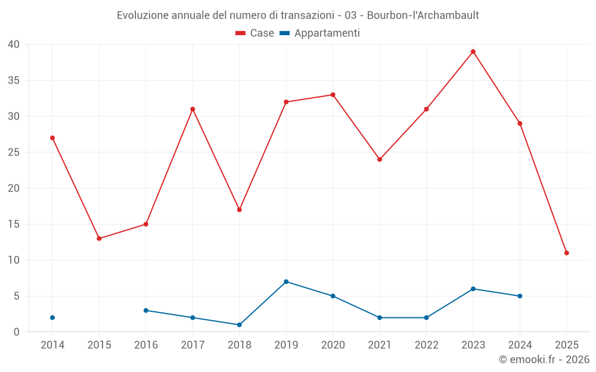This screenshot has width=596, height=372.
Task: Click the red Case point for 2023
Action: (x=473, y=52)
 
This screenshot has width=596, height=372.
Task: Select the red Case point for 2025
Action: (x=567, y=253)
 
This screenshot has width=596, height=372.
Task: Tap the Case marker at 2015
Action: (x=99, y=239)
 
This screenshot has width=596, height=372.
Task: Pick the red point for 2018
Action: (x=240, y=210)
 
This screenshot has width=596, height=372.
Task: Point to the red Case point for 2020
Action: (x=333, y=95)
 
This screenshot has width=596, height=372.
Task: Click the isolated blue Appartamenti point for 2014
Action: (x=52, y=318)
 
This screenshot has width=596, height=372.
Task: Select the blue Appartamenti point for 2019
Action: (x=286, y=282)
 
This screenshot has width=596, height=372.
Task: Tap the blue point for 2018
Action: (x=240, y=325)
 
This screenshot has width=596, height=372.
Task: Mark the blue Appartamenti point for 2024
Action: (x=520, y=296)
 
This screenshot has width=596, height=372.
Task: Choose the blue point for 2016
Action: (x=146, y=310)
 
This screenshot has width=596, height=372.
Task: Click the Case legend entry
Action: (x=255, y=33)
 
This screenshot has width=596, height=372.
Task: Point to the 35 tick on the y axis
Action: (x=14, y=80)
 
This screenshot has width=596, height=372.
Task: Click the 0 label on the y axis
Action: (x=17, y=332)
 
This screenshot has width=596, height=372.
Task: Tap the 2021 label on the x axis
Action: (x=380, y=345)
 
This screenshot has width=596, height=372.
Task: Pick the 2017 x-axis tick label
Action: (x=193, y=345)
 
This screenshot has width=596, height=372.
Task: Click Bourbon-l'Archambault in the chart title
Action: (x=427, y=15)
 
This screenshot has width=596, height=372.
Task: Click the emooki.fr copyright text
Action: (x=544, y=360)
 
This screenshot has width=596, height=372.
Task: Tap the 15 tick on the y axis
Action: (x=14, y=224)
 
